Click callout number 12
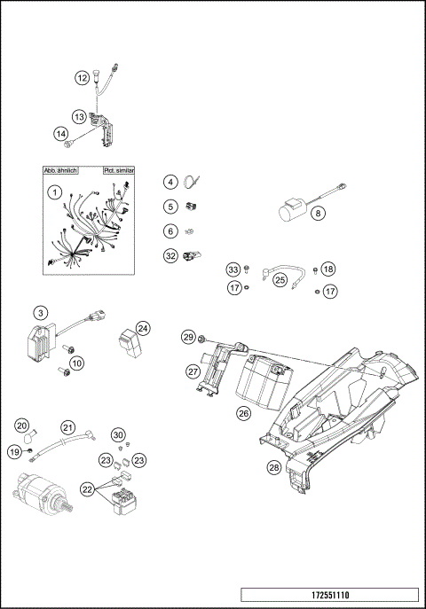pos(81,78)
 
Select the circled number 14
pos(61,134)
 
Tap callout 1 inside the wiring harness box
pos(54,191)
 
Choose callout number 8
pos(318,213)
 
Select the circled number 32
pos(170,256)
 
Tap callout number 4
pos(170,182)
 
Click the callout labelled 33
pos(233,269)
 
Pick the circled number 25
pos(280,280)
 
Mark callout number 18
pos(328,269)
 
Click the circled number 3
pos(41,312)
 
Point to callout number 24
pos(143,327)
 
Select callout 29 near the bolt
pos(188,337)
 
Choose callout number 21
pos(68,427)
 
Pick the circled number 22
pos(87,488)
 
